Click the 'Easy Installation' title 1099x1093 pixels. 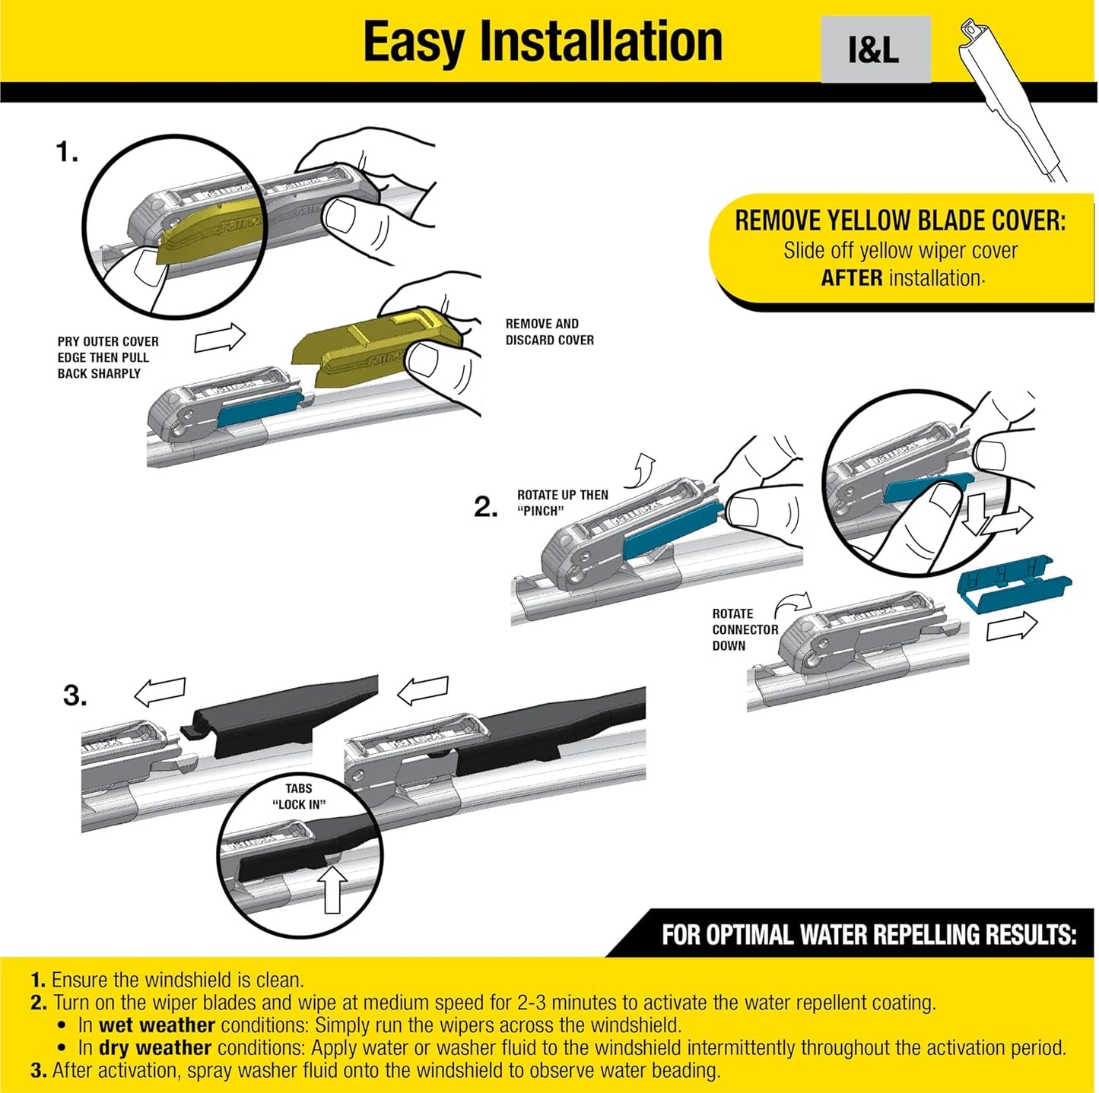[542, 42]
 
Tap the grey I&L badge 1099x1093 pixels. [875, 49]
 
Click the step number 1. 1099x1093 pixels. [67, 153]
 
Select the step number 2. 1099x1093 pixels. [485, 507]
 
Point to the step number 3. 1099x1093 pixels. [75, 695]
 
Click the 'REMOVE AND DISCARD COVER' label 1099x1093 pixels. [549, 332]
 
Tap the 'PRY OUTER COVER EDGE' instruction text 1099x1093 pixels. [107, 357]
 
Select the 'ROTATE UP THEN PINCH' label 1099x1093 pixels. [562, 502]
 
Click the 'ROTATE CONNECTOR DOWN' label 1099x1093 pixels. [744, 629]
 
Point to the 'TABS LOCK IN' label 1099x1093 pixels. [299, 797]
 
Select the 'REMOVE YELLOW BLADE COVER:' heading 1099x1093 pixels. [900, 221]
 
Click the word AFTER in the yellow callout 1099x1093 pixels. [851, 278]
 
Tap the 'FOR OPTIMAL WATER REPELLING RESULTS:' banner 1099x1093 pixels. [868, 934]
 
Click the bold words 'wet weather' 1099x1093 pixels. [157, 1025]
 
